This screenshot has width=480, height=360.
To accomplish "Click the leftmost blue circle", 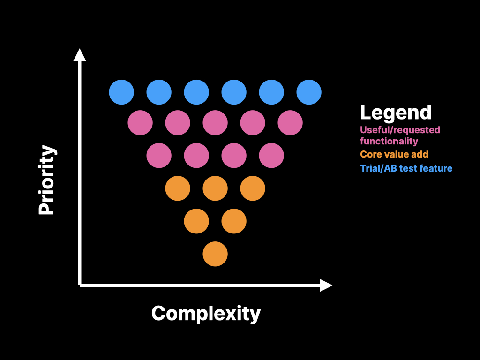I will point(121,92).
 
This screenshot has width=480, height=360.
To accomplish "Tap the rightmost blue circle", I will point(309,92).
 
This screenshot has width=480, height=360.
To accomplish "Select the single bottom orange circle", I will point(215,254).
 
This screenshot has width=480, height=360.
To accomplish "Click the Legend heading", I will point(396,112).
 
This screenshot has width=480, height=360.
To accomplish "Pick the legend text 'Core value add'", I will point(394,154).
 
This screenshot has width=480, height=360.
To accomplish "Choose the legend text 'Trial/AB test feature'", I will point(406,168).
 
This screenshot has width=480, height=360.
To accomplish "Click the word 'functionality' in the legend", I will point(389,141).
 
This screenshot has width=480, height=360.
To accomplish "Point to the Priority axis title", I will point(47,180).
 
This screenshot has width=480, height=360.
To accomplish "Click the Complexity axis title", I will point(206,313).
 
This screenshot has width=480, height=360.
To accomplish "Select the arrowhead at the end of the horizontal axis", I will point(326,285).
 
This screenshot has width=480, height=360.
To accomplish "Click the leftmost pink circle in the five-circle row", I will point(140,123).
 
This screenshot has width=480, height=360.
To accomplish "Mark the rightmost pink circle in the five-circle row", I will point(290,123).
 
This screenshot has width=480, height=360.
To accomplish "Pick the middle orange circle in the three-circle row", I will point(215,188).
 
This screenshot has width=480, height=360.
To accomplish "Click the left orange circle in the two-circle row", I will point(196,221).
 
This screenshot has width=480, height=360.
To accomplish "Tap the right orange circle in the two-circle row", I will point(234,221).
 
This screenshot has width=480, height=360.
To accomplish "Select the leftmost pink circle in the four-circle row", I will point(159,156).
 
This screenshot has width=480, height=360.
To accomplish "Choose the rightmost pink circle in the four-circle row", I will point(271,156).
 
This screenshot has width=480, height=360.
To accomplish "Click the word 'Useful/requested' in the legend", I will point(400,130).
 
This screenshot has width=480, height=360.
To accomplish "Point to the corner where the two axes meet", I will point(80,285).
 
